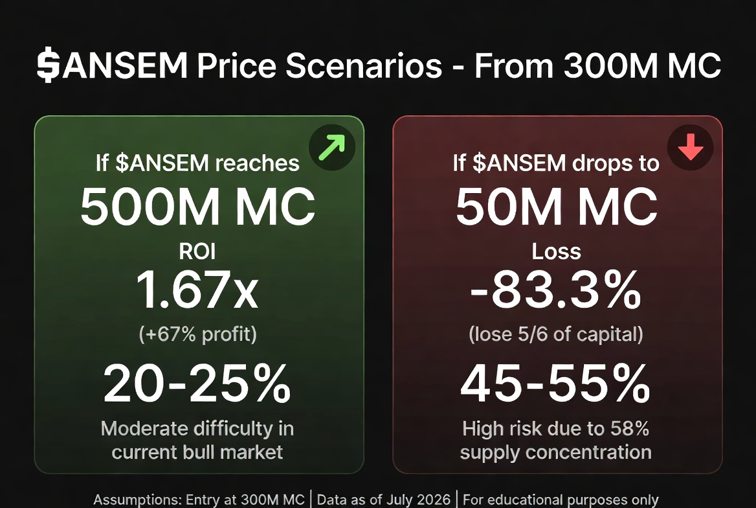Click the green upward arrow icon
click(x=332, y=147)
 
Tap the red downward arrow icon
click(x=691, y=147)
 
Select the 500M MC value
click(x=197, y=207)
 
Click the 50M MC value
click(x=557, y=207)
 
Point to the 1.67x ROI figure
click(x=197, y=289)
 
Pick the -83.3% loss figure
click(x=555, y=290)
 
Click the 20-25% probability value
click(x=197, y=384)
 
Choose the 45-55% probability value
click(x=555, y=384)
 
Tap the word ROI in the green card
click(x=197, y=251)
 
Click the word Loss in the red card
click(x=557, y=251)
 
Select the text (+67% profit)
click(x=197, y=334)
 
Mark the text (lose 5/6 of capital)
click(x=556, y=334)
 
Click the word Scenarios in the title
click(x=364, y=65)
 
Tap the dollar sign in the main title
click(x=48, y=65)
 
